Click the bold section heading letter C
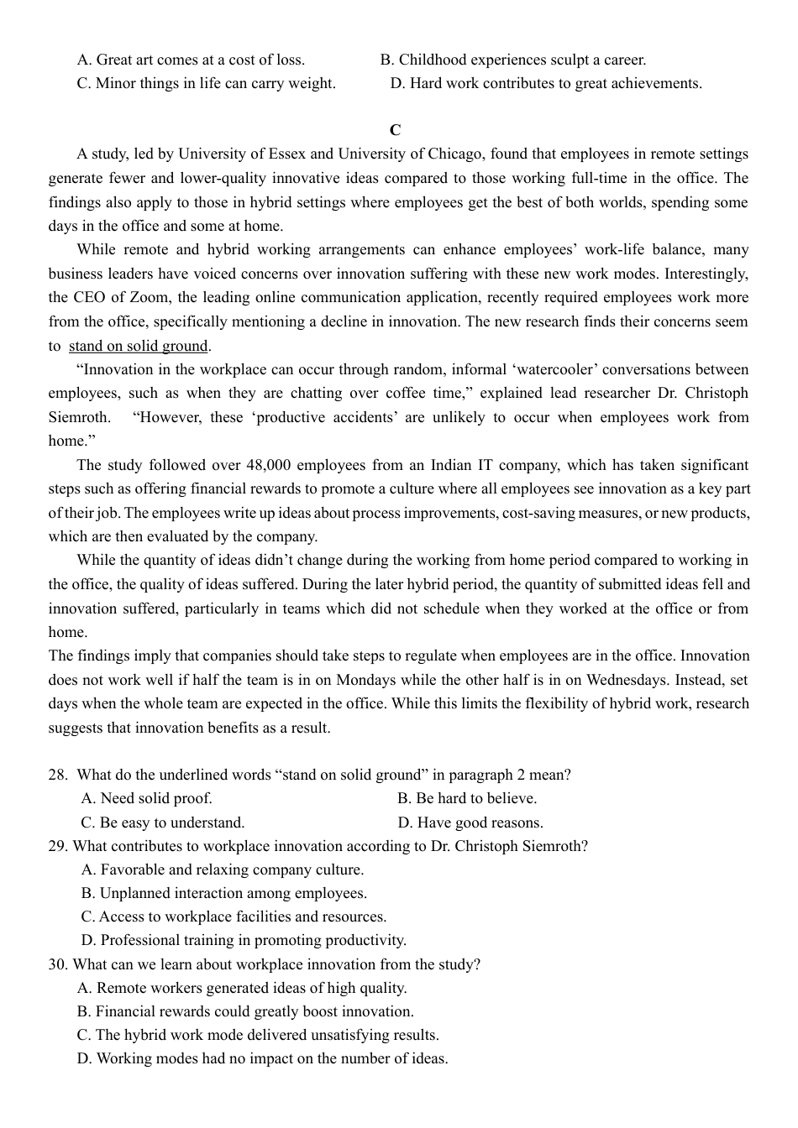395,130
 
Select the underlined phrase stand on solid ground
138,346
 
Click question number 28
58,775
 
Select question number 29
58,846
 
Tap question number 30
58,964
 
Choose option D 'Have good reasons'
470,822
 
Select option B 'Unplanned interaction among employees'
224,893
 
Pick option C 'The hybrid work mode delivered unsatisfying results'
258,1035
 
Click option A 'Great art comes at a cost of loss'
191,60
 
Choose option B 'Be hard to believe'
467,798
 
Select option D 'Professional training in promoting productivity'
244,940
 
